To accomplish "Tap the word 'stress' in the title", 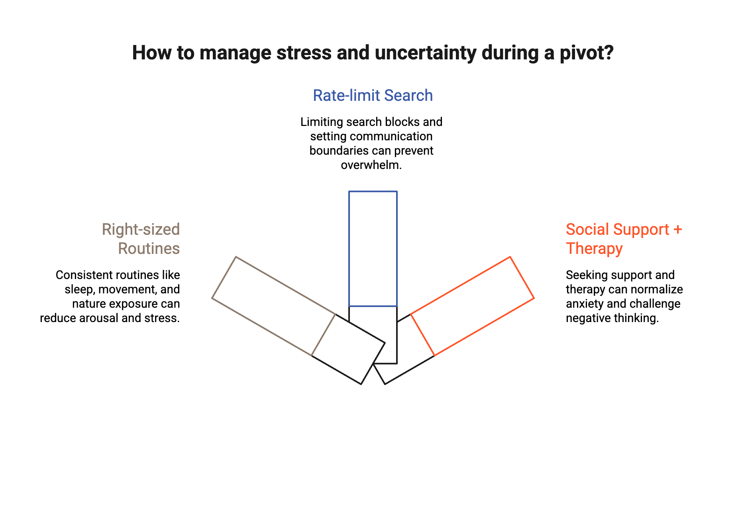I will tap(304, 53).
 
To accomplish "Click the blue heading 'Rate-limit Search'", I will tap(373, 96).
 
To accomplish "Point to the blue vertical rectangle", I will tap(373, 249).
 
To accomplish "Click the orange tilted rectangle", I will tap(472, 306).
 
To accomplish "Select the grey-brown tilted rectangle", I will tap(274, 306).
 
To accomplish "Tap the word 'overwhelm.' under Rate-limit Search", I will tap(371, 165).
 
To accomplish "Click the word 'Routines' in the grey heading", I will tap(149, 249).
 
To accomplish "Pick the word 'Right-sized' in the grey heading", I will tap(141, 230).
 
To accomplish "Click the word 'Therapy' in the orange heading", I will tap(594, 249).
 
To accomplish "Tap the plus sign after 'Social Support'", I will tap(677, 230).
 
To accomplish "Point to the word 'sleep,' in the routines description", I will tap(80, 290).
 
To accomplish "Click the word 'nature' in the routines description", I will tap(89, 304).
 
